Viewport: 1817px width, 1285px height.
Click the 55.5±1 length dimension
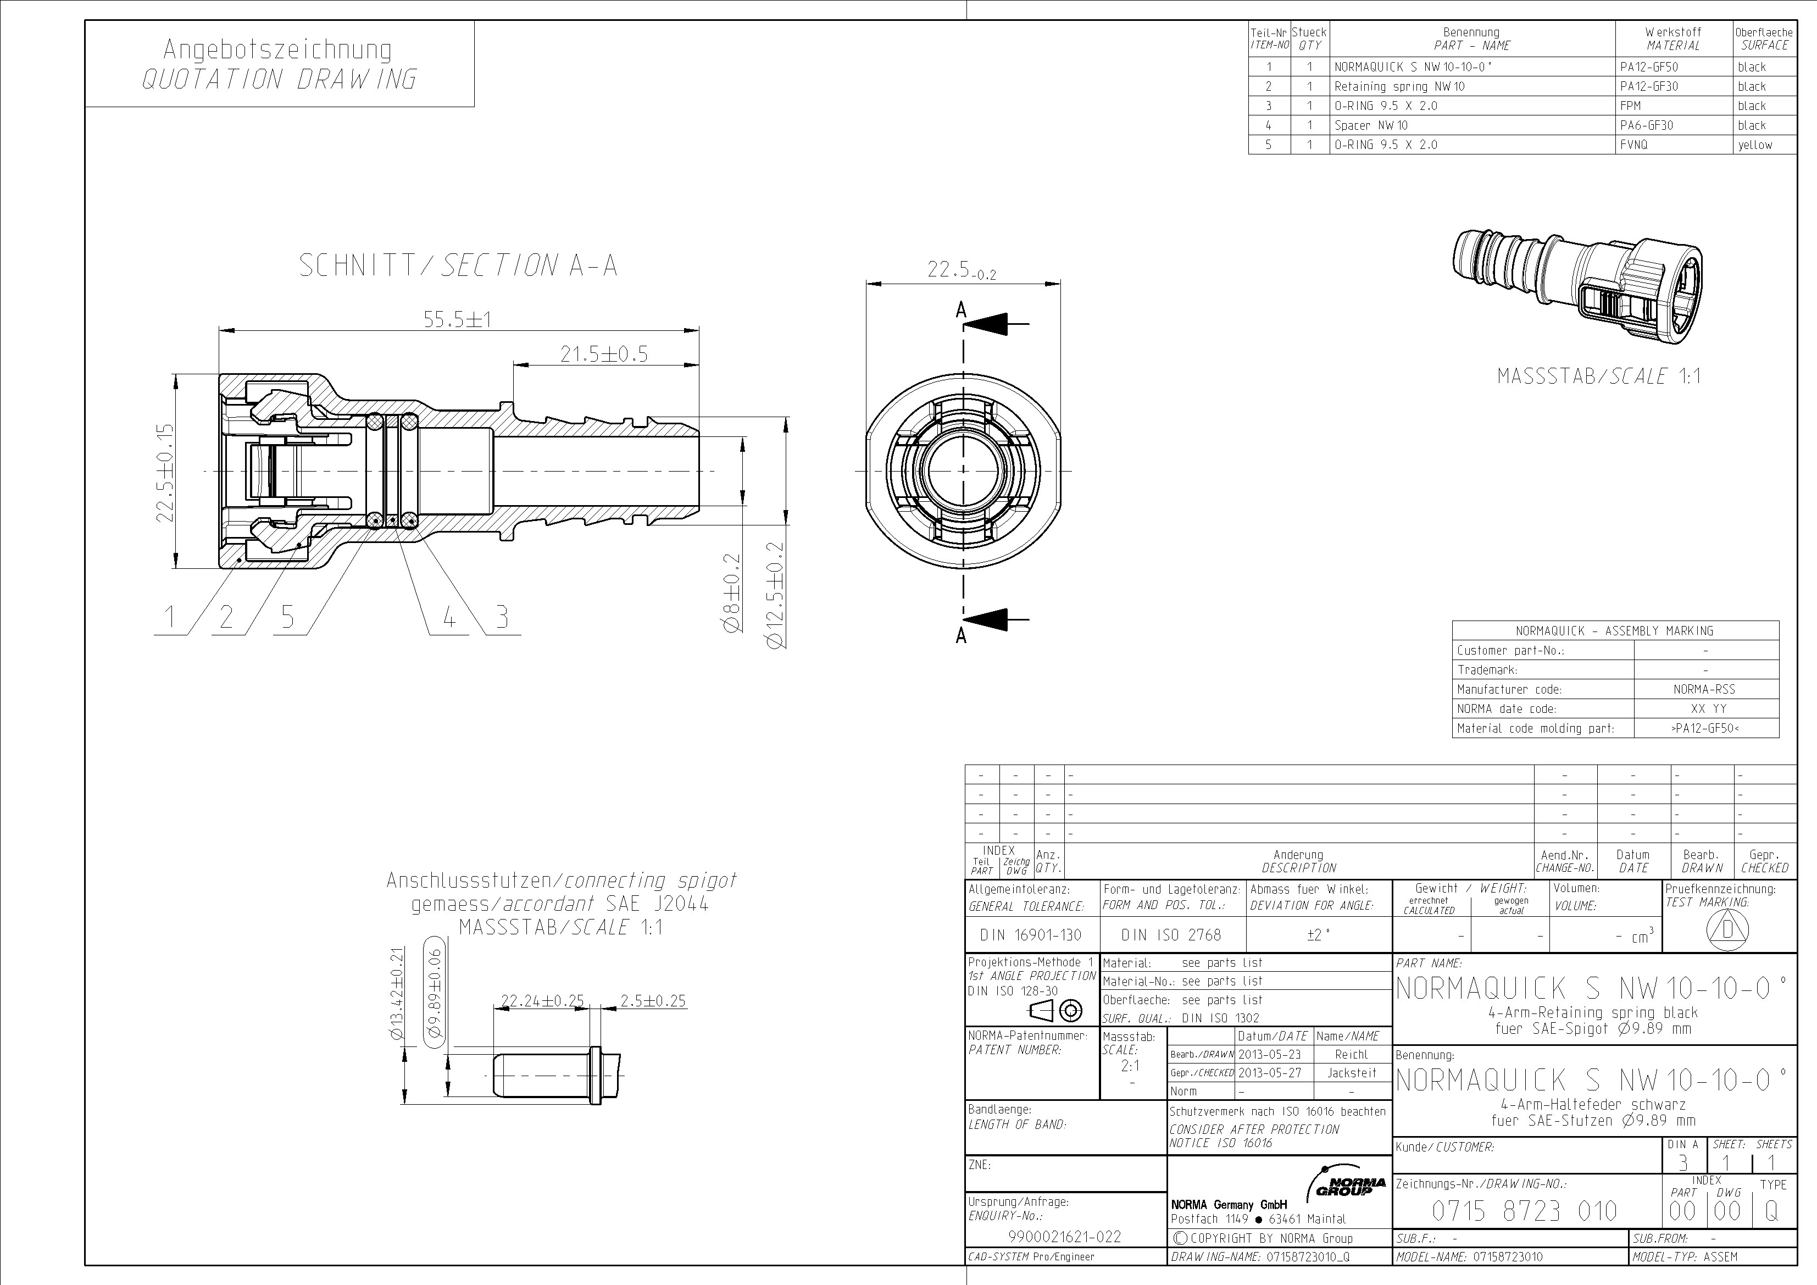pos(458,320)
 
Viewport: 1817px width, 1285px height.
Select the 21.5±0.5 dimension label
pos(604,355)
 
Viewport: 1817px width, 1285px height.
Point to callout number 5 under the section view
pos(287,617)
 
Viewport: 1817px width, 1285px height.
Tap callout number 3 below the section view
pos(502,617)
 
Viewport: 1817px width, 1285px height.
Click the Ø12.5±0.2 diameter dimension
pos(776,595)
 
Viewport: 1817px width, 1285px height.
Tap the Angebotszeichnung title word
pos(277,49)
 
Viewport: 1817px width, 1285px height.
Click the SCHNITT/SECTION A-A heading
pos(458,265)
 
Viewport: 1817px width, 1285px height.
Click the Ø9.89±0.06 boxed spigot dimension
pos(435,992)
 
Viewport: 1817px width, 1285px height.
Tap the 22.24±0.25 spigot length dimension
pos(542,1001)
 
